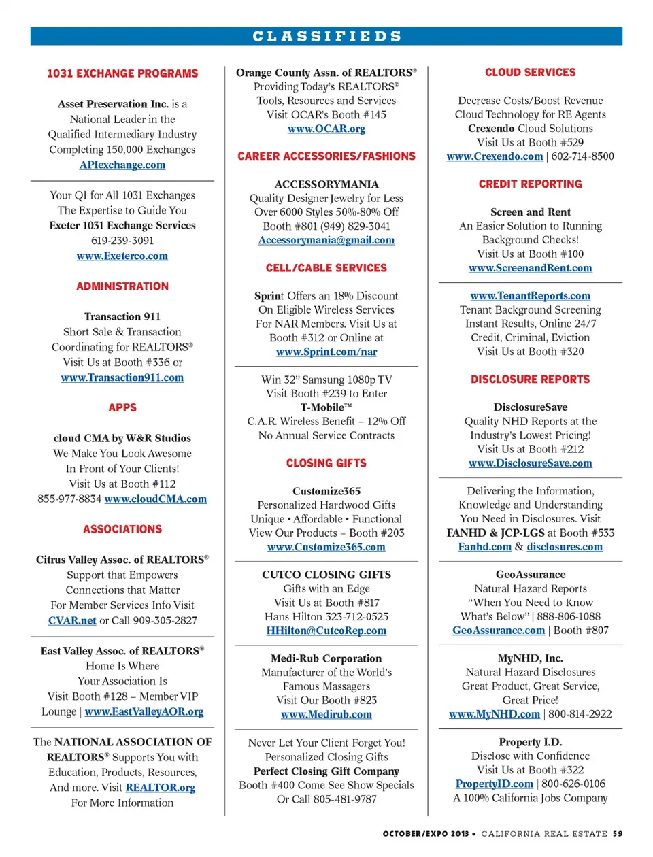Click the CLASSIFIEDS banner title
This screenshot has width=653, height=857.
pyautogui.click(x=326, y=36)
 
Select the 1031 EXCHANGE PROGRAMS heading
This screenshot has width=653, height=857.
pyautogui.click(x=122, y=73)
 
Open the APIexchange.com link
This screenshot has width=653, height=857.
pyautogui.click(x=122, y=165)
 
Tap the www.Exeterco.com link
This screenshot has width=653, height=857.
pyautogui.click(x=122, y=256)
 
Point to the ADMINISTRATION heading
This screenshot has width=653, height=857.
pyautogui.click(x=122, y=286)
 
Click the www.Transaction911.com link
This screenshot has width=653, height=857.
pyautogui.click(x=122, y=377)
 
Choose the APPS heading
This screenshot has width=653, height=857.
pyautogui.click(x=122, y=407)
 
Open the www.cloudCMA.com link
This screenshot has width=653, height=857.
pyautogui.click(x=156, y=499)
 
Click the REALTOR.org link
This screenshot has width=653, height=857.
pyautogui.click(x=161, y=787)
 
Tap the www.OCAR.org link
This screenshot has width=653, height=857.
pyautogui.click(x=326, y=129)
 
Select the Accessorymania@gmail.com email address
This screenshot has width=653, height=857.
pyautogui.click(x=326, y=240)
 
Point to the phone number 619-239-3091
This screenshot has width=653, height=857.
pyautogui.click(x=122, y=241)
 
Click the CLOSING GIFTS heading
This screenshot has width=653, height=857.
pyautogui.click(x=326, y=463)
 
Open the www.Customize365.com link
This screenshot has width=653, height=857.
pyautogui.click(x=326, y=547)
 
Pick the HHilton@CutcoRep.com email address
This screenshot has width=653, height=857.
pyautogui.click(x=326, y=631)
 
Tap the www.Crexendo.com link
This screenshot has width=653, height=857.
pyautogui.click(x=495, y=156)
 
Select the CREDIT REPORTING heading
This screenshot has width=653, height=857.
pyautogui.click(x=531, y=184)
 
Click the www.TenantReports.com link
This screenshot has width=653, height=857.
pyautogui.click(x=531, y=296)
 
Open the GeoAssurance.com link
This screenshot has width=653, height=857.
pyautogui.click(x=499, y=631)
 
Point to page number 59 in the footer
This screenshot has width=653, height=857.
pyautogui.click(x=617, y=833)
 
